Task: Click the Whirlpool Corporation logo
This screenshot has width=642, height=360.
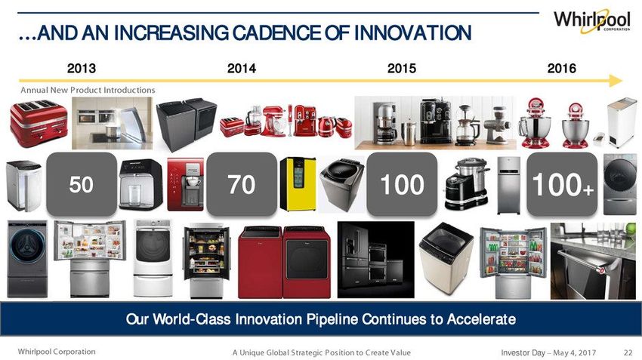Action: click(x=591, y=21)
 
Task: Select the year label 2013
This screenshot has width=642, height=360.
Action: click(x=82, y=68)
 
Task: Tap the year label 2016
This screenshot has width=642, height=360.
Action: click(x=561, y=68)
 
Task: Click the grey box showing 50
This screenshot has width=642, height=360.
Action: click(x=82, y=184)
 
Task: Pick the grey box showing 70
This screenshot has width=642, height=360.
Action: click(x=242, y=184)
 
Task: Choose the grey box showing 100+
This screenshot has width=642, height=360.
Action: click(x=562, y=184)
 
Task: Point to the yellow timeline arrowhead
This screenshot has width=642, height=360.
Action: click(x=616, y=81)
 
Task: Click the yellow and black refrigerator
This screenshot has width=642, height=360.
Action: click(x=298, y=184)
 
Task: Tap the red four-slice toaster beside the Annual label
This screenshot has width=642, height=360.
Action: click(x=39, y=123)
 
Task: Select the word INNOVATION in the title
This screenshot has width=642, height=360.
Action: click(x=412, y=33)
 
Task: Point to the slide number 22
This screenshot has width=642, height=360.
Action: click(x=628, y=352)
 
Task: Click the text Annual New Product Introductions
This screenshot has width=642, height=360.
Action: click(x=88, y=90)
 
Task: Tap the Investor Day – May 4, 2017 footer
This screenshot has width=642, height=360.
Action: click(x=548, y=352)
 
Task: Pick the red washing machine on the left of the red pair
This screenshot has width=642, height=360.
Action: click(x=261, y=262)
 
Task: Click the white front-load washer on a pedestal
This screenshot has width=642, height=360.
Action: click(x=153, y=258)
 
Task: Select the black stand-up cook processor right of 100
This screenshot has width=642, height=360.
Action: click(x=467, y=184)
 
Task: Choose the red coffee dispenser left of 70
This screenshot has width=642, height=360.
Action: click(x=186, y=184)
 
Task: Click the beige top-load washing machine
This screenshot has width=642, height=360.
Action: click(x=446, y=258)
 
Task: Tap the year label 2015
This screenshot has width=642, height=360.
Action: click(x=402, y=68)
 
